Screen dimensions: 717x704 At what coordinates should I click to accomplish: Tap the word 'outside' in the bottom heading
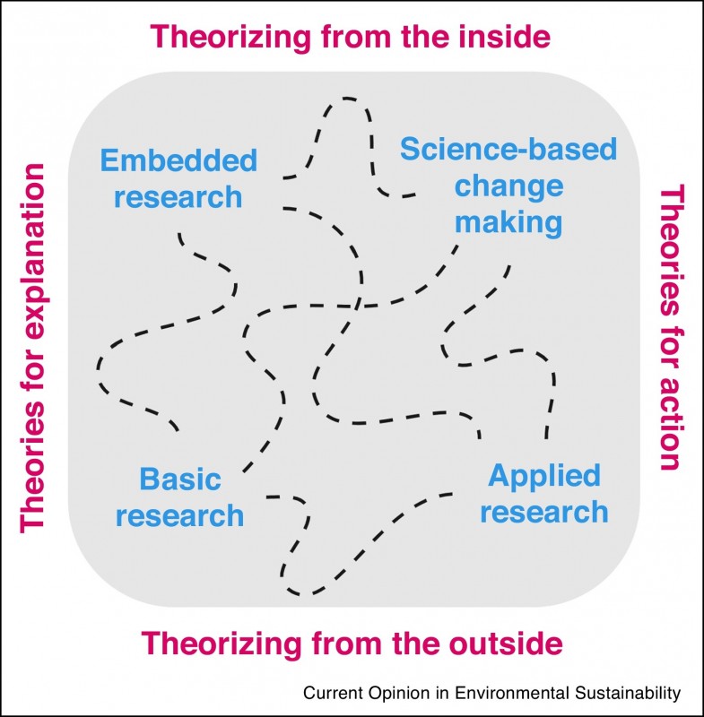tap(497, 644)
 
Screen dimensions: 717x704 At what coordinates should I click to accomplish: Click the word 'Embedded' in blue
tap(178, 161)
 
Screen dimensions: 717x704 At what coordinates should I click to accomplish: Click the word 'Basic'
tap(180, 479)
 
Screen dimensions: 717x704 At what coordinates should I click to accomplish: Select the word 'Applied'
tap(543, 475)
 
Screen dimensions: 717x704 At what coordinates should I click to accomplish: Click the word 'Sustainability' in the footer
tap(625, 693)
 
